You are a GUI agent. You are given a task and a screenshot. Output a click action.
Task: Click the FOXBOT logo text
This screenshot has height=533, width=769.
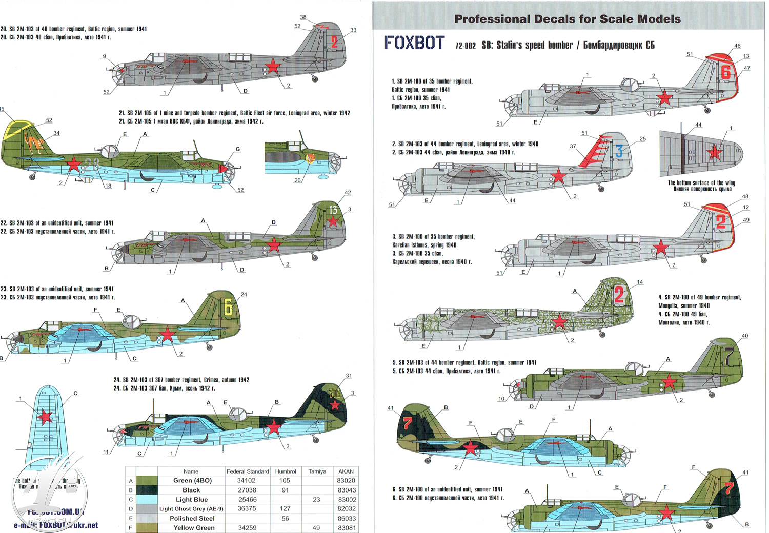tap(414, 43)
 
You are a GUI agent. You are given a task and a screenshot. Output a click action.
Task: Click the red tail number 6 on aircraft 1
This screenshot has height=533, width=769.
tap(725, 72)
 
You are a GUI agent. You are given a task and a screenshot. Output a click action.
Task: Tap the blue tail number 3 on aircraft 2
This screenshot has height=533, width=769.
tap(619, 151)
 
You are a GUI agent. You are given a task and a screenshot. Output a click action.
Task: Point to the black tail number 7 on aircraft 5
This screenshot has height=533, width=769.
tap(728, 354)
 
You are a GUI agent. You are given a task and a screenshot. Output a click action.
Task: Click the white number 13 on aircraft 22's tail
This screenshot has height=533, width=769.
tap(333, 210)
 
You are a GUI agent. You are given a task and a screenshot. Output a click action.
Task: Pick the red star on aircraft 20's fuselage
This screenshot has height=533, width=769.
tap(273, 67)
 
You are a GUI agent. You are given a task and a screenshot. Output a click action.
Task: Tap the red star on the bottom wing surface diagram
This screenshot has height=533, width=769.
tap(714, 152)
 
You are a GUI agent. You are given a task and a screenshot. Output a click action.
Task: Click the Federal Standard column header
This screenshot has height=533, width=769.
tap(248, 471)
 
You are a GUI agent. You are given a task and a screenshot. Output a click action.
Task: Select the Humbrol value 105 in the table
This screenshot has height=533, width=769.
tap(285, 481)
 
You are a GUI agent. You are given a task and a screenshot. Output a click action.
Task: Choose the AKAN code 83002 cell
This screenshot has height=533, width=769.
tap(347, 500)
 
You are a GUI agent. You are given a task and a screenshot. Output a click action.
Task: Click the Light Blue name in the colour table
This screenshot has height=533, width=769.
tap(192, 500)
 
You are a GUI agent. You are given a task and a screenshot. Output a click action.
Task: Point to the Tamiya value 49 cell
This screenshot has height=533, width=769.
tap(316, 528)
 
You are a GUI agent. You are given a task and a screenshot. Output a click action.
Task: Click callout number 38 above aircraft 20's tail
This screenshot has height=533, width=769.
tap(303, 17)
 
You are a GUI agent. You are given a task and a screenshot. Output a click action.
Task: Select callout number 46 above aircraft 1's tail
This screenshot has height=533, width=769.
tap(737, 46)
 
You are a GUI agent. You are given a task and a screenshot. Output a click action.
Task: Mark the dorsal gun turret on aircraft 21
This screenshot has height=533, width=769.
tap(110, 151)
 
